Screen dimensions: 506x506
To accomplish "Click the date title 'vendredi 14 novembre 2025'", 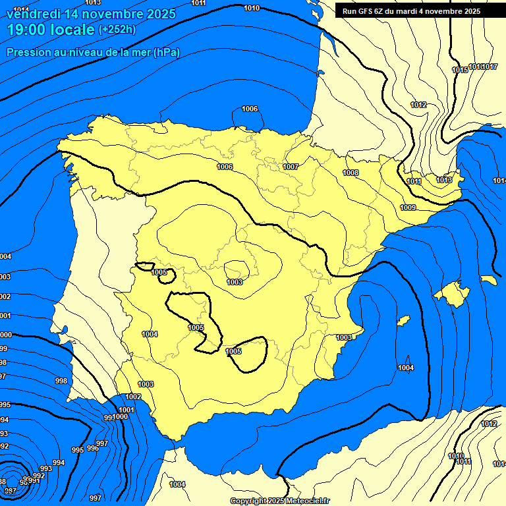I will pos(91,14).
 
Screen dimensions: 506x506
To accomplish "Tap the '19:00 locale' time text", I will pos(51,30).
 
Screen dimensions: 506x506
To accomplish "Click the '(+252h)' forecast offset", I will pos(117,30).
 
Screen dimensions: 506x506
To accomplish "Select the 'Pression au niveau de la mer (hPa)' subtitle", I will pos(93,52).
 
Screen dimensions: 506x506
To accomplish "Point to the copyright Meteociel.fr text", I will pos(279,501).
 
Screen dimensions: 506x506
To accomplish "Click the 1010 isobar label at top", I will pos(251,8).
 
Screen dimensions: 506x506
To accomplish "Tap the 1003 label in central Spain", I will pos(235,282).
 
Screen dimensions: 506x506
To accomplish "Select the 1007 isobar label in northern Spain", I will pos(291,167).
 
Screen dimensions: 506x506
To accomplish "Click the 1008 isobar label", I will pos(351,173).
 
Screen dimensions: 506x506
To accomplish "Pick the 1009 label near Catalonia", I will pos(408,208).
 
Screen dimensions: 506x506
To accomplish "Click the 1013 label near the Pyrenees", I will pos(444,180).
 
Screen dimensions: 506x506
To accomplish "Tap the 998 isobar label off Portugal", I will pos(61,381).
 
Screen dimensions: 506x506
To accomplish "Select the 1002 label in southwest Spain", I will pos(133,397).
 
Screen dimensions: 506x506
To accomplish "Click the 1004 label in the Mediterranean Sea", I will pos(406,368).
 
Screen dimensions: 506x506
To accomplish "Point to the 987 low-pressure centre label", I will pos(10,491).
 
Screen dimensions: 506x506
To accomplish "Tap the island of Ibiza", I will pos(401,321).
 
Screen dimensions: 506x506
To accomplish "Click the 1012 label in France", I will pos(418,105).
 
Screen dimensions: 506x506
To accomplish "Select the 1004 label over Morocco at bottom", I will pos(177,484).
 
